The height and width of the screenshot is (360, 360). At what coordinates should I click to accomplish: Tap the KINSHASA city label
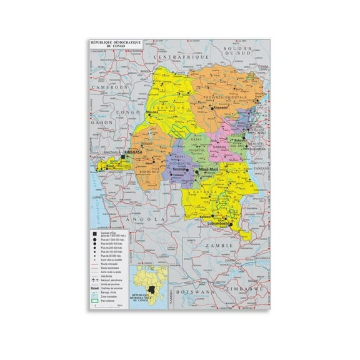pyautogui.click(x=134, y=152)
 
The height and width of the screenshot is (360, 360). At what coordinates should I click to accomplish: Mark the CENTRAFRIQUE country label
pyautogui.click(x=179, y=56)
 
